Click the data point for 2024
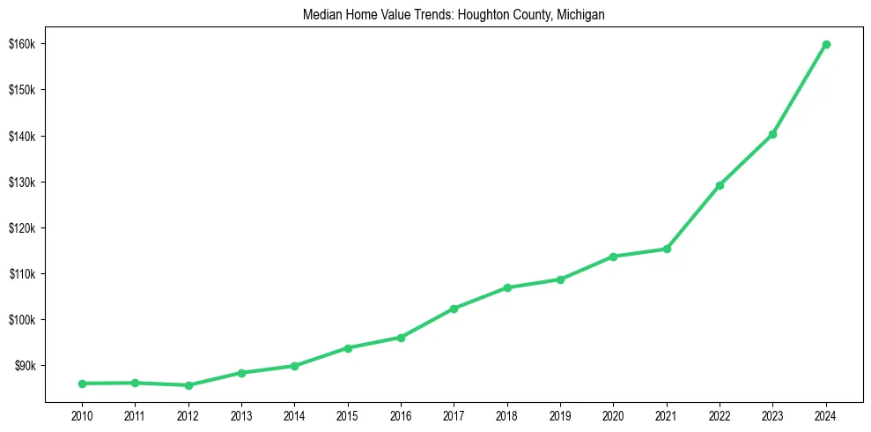[x=826, y=44]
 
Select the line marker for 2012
[x=188, y=385]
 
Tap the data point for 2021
[x=667, y=249]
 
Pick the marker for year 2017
[x=454, y=309]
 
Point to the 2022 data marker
[x=720, y=185]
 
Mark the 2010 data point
[x=82, y=384]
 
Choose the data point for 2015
[x=348, y=348]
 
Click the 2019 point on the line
[x=560, y=279]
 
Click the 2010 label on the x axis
[x=82, y=413]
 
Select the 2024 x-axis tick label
[x=826, y=413]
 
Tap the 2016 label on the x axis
[x=401, y=413]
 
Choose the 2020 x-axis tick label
[x=613, y=413]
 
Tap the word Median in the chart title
[x=320, y=15]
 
